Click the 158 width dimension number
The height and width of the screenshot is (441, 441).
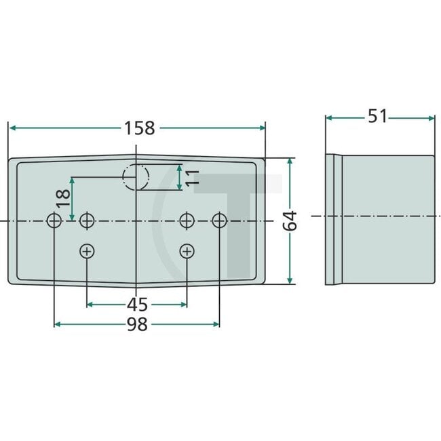[x=139, y=128]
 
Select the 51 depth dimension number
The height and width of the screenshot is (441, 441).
[x=377, y=117]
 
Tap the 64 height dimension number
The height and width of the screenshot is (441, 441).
[x=290, y=220]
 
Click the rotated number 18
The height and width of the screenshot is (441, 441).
[x=62, y=198]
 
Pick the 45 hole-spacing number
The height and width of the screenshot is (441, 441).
[x=138, y=304]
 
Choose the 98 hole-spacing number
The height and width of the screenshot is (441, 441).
[x=137, y=325]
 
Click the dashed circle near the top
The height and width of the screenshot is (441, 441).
[x=136, y=178]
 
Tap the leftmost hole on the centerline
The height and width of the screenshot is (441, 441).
[x=54, y=220]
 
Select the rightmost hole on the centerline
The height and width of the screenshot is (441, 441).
[x=219, y=220]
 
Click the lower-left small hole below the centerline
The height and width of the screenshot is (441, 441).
[x=87, y=252]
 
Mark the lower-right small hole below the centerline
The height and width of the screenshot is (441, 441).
[x=187, y=252]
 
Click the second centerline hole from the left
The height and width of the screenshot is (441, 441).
[x=87, y=220]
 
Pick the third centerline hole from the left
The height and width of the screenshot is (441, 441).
[x=187, y=220]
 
